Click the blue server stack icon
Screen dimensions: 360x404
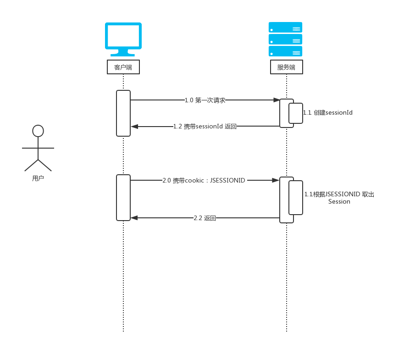coord(285,39)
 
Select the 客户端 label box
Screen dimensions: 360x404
coord(123,67)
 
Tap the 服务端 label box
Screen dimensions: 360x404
coord(286,67)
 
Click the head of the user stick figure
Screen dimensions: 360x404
coord(38,131)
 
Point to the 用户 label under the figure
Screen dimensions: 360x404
coord(38,178)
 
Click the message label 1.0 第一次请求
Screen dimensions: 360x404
coord(205,100)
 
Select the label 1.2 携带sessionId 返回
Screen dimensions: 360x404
coord(205,126)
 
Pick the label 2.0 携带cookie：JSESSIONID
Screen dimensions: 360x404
coord(205,181)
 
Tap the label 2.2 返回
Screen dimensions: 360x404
coord(205,218)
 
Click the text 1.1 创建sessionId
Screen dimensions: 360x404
coord(328,112)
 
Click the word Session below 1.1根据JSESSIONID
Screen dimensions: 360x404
coord(339,201)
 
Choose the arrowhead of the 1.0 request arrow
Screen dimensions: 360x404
coord(277,100)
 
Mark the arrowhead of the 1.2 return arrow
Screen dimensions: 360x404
coord(134,126)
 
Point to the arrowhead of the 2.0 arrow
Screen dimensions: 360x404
coord(277,181)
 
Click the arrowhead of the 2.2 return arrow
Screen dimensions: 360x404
coord(134,218)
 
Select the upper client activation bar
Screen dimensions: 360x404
coord(123,113)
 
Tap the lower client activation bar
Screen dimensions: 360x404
coord(123,198)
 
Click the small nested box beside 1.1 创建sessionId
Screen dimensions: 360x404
coord(296,113)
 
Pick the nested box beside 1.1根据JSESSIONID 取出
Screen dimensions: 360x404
coord(296,198)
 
